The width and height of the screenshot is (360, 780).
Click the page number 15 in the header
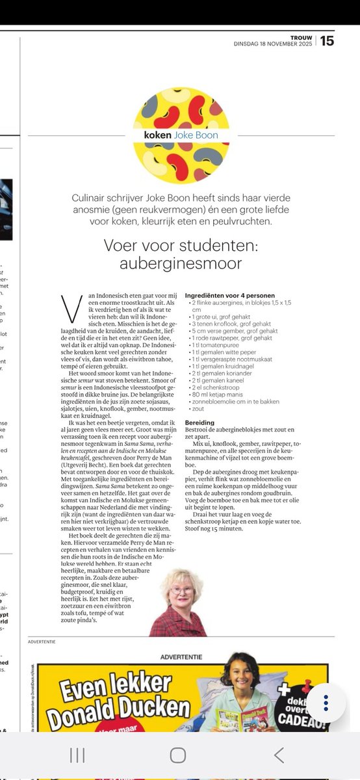(327, 40)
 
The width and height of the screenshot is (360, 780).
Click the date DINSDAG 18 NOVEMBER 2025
(272, 44)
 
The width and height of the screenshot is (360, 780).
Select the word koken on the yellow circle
(159, 135)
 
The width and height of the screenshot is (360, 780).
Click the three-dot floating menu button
(327, 704)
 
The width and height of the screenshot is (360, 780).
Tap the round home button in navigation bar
(178, 755)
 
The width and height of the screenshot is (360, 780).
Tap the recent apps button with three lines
(77, 755)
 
